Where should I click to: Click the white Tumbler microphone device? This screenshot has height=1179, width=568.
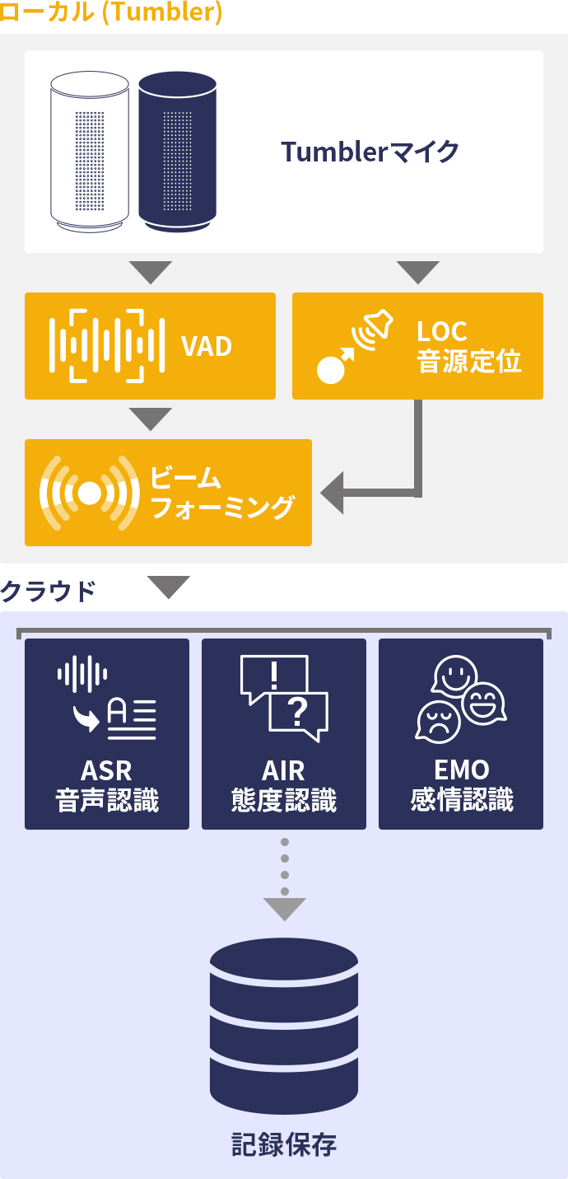[90, 151]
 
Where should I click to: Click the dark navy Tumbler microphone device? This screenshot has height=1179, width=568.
[177, 151]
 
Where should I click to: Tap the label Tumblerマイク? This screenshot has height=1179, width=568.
[370, 152]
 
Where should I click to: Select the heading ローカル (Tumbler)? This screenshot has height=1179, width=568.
[111, 14]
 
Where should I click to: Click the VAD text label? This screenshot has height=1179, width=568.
[207, 346]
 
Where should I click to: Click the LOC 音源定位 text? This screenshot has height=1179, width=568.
[468, 346]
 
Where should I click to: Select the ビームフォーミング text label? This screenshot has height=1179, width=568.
[222, 493]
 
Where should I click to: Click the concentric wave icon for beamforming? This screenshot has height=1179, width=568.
[90, 493]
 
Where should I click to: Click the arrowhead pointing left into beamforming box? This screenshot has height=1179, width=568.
[333, 494]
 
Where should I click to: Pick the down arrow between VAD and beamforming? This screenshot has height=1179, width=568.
[151, 419]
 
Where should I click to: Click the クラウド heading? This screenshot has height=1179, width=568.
[48, 590]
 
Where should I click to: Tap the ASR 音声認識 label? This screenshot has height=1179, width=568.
[107, 785]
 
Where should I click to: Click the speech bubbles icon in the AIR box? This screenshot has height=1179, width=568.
[284, 697]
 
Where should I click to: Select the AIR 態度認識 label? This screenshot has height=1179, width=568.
[284, 785]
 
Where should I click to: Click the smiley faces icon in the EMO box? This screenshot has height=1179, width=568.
[460, 697]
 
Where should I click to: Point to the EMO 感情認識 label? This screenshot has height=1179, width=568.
[462, 785]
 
